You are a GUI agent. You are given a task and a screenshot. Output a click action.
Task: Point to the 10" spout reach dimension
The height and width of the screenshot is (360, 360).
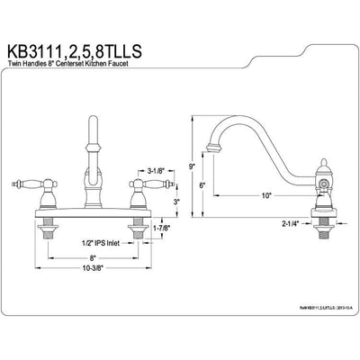(266, 194)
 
